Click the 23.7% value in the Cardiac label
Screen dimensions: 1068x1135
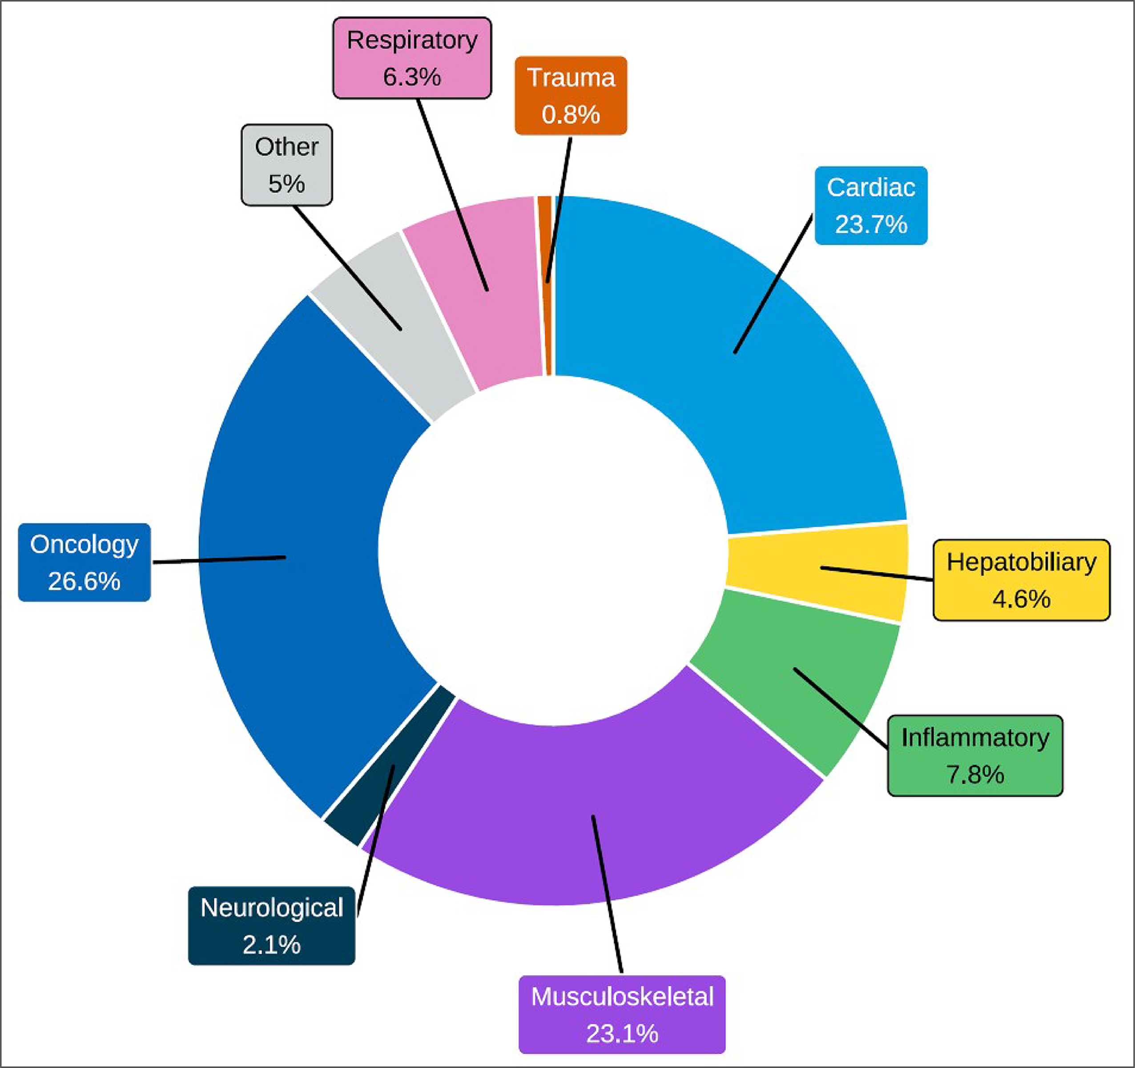coord(871,224)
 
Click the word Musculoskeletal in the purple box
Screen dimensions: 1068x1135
coord(622,997)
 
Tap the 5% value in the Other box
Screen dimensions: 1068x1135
coord(286,184)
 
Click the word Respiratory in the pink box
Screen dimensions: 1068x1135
coord(412,40)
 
